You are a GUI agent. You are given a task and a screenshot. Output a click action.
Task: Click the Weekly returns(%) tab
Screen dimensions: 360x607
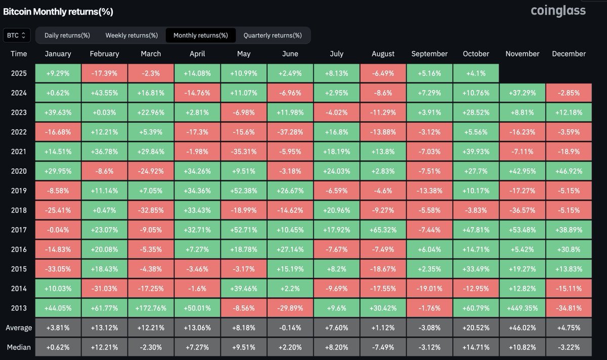click(x=132, y=35)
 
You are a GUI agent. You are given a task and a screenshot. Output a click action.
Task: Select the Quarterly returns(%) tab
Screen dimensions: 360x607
click(x=273, y=35)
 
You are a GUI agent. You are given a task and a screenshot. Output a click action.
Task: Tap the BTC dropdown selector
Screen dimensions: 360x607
click(x=17, y=35)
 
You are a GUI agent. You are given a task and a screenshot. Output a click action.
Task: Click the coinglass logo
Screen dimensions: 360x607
click(x=558, y=11)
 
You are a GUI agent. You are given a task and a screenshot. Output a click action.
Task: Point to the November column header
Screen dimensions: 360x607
click(x=523, y=54)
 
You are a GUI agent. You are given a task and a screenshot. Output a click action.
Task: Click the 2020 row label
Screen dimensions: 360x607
click(x=19, y=171)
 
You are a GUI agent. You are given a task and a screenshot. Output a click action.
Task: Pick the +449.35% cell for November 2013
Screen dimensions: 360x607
click(x=523, y=308)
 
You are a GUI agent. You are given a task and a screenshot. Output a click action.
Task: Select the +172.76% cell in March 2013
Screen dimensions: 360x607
click(x=151, y=308)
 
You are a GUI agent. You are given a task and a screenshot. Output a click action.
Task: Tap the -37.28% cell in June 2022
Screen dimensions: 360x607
click(x=290, y=132)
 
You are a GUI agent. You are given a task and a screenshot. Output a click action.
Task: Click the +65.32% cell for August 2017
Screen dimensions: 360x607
click(x=383, y=230)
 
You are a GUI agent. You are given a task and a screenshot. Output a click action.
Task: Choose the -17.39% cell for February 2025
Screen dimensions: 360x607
click(x=104, y=73)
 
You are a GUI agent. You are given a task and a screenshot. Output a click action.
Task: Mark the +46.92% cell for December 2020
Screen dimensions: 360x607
click(x=569, y=171)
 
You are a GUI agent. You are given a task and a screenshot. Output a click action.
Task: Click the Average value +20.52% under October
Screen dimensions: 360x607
click(x=476, y=328)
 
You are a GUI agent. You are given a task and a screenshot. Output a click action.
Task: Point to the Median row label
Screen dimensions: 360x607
click(x=19, y=347)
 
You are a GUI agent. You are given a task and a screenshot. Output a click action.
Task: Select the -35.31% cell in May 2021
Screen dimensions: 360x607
click(x=244, y=151)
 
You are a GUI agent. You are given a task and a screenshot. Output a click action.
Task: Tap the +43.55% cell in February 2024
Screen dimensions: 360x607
click(x=104, y=93)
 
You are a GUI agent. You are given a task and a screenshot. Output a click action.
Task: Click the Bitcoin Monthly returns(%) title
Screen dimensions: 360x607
click(x=58, y=11)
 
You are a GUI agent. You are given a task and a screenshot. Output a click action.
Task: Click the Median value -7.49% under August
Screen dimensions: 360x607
click(x=383, y=347)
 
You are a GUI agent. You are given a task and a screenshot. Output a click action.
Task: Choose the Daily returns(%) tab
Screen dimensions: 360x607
click(x=67, y=35)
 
